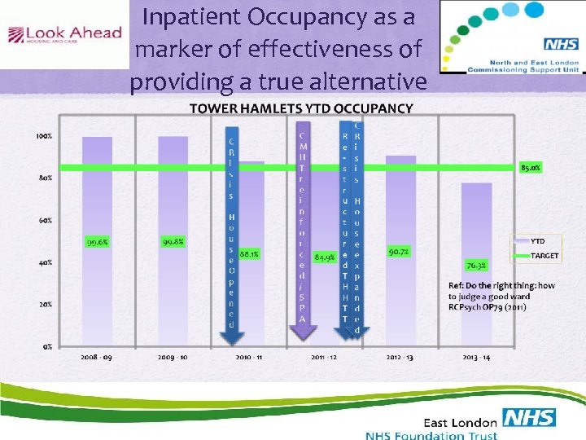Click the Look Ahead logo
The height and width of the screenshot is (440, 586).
coord(64,35)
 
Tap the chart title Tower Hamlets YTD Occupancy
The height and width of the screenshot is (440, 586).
coord(301,108)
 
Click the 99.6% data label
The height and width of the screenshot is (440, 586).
coord(97,241)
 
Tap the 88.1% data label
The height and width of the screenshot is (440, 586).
coord(250,253)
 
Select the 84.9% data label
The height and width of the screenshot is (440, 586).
coord(325,257)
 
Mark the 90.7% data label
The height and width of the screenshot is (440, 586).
coord(399,252)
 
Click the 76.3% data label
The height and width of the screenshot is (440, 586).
coord(476,265)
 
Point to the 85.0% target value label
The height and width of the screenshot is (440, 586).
coord(531,168)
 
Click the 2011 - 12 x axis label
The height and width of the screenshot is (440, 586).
coord(325,357)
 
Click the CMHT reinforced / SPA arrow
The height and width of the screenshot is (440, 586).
coord(303,224)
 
